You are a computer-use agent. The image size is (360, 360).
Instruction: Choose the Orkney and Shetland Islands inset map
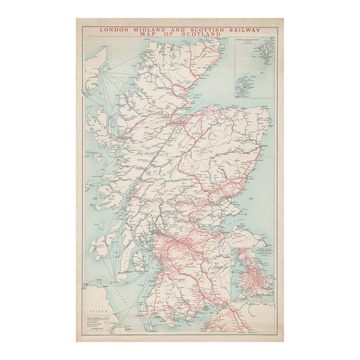point(254,68)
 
